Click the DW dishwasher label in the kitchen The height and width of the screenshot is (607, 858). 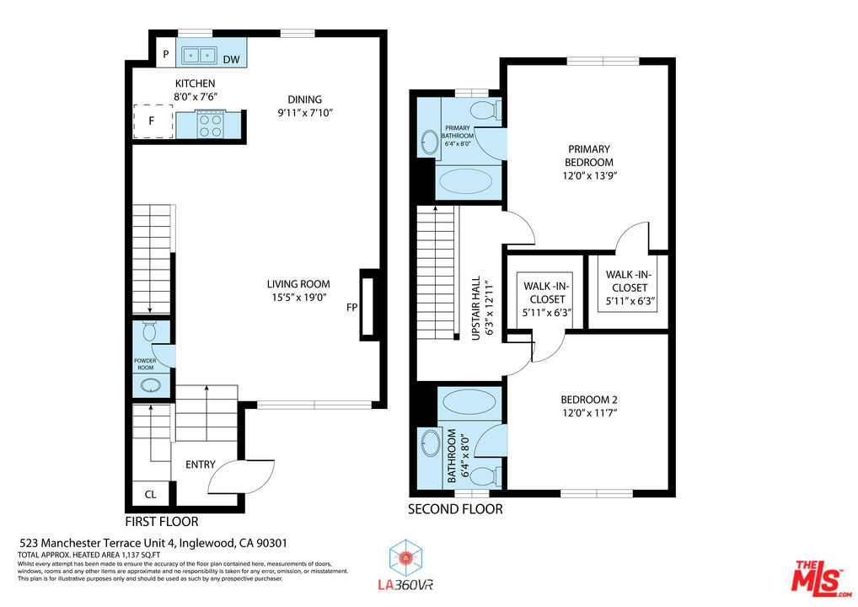(232, 59)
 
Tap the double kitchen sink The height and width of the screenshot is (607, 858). (199, 55)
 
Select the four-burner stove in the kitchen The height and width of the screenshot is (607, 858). (210, 125)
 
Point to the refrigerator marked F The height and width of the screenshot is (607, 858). (153, 121)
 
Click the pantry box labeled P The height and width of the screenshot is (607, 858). (166, 54)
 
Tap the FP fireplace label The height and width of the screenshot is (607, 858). (351, 308)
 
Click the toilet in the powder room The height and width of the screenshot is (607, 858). (149, 330)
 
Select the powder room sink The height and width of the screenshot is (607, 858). (149, 385)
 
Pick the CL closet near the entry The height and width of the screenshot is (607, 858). (151, 494)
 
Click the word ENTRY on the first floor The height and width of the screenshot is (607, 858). (201, 465)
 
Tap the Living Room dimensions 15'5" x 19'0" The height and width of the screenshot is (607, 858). (298, 298)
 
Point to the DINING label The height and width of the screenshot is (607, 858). (305, 99)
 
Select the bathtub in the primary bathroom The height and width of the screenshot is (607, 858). (465, 181)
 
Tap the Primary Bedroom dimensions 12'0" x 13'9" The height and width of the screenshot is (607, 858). (590, 175)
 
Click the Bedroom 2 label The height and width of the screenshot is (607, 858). (589, 400)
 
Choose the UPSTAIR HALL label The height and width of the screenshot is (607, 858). (476, 308)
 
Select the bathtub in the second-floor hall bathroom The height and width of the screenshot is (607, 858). (469, 401)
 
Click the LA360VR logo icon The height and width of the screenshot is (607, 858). (405, 558)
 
